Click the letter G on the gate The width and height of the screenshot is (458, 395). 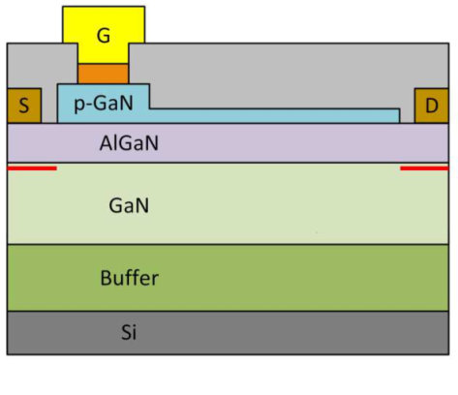pyautogui.click(x=104, y=36)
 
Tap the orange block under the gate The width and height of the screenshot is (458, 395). pyautogui.click(x=104, y=74)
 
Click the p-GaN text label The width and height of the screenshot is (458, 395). pyautogui.click(x=104, y=104)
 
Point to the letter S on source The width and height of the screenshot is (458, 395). pyautogui.click(x=24, y=106)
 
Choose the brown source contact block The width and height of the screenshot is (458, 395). pyautogui.click(x=24, y=106)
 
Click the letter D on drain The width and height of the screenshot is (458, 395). pyautogui.click(x=432, y=106)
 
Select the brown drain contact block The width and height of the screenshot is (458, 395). pyautogui.click(x=432, y=106)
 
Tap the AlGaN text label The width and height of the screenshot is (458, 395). pyautogui.click(x=129, y=143)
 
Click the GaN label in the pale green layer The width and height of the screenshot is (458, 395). pyautogui.click(x=129, y=205)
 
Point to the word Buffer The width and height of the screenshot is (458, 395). pyautogui.click(x=130, y=278)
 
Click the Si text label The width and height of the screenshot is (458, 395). pyautogui.click(x=129, y=332)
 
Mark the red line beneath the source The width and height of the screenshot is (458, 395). pyautogui.click(x=32, y=168)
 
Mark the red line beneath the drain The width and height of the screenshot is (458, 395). pyautogui.click(x=424, y=168)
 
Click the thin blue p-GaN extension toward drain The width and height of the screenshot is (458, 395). pyautogui.click(x=274, y=116)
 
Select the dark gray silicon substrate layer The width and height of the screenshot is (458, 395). pyautogui.click(x=228, y=333)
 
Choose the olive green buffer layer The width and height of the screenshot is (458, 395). pyautogui.click(x=228, y=278)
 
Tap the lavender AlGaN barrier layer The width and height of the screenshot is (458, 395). pyautogui.click(x=228, y=143)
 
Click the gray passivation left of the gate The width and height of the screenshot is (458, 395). pyautogui.click(x=42, y=65)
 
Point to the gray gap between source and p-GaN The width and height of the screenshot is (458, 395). pyautogui.click(x=49, y=106)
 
